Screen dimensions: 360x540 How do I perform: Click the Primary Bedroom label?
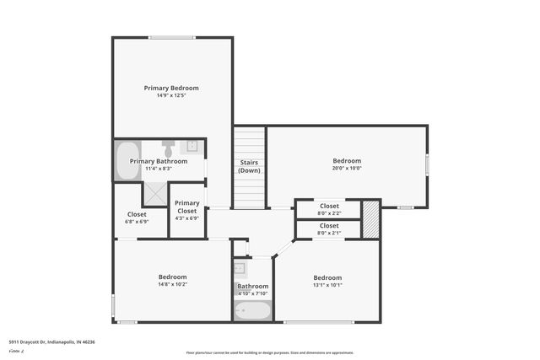pyautogui.click(x=171, y=88)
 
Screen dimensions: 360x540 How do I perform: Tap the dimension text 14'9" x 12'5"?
pyautogui.click(x=171, y=95)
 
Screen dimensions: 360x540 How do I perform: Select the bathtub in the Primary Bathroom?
pyautogui.click(x=127, y=160)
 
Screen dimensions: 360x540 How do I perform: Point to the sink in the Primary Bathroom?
pyautogui.click(x=192, y=147)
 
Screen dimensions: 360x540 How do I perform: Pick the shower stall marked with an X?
pyautogui.click(x=154, y=194)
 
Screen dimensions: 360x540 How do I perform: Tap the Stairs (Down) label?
pyautogui.click(x=249, y=166)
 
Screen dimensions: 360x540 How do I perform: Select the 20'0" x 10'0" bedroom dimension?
pyautogui.click(x=346, y=169)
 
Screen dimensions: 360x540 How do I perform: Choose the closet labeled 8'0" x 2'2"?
pyautogui.click(x=329, y=208)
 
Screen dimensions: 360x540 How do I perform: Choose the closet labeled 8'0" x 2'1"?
pyautogui.click(x=329, y=228)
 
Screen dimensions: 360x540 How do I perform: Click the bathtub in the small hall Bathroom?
pyautogui.click(x=252, y=310)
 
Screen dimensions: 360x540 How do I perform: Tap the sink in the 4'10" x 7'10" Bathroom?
pyautogui.click(x=240, y=269)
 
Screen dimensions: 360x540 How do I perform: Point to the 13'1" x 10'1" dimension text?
pyautogui.click(x=327, y=285)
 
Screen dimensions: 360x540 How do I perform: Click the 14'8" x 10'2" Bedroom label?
pyautogui.click(x=172, y=277)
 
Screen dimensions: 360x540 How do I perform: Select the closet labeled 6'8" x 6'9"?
pyautogui.click(x=137, y=218)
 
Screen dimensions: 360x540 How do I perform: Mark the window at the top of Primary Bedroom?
pyautogui.click(x=172, y=37)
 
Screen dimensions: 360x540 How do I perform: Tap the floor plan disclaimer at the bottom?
pyautogui.click(x=270, y=352)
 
